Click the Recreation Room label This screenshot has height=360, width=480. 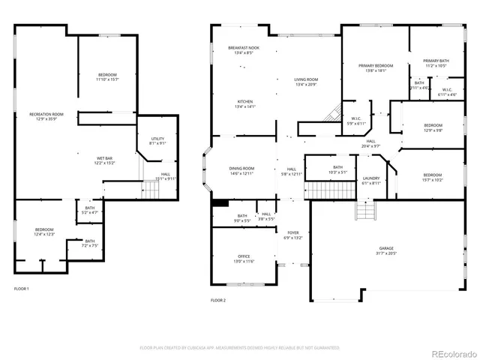click(x=46, y=113)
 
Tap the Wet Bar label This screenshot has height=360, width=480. click(x=104, y=157)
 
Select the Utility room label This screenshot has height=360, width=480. click(x=157, y=139)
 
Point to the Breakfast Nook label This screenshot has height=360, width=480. click(x=241, y=48)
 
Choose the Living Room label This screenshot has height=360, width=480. click(x=306, y=79)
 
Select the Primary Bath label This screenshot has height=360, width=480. click(x=436, y=61)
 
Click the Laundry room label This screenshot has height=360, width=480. click(x=372, y=178)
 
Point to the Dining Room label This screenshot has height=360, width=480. click(x=241, y=168)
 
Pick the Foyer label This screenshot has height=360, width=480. click(x=293, y=232)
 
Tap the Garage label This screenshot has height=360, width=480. click(x=386, y=248)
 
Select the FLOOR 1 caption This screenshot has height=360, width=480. click(x=21, y=289)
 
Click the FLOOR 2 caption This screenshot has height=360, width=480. click(x=217, y=300)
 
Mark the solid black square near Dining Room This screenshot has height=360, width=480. click(x=220, y=202)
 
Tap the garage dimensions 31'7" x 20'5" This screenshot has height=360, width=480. click(x=386, y=253)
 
